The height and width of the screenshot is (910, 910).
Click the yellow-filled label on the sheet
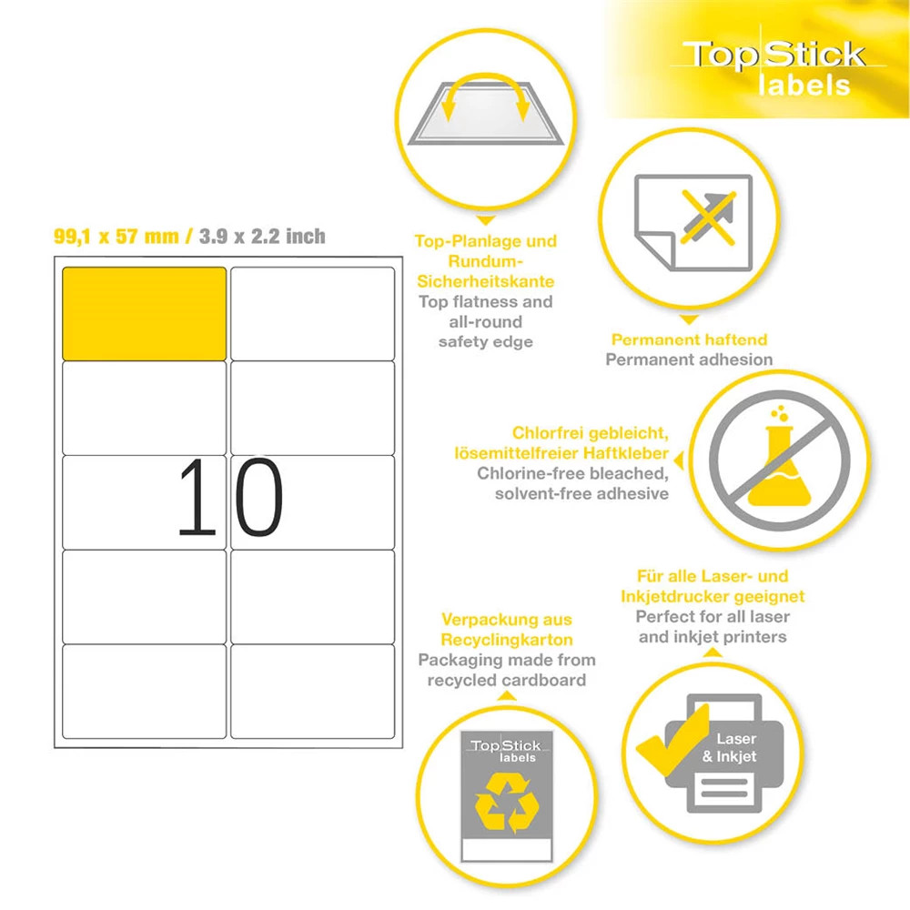(144, 313)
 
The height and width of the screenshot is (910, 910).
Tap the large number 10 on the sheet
(230, 497)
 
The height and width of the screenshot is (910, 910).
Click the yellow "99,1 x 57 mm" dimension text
(116, 237)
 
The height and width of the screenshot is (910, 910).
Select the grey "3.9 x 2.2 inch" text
(262, 237)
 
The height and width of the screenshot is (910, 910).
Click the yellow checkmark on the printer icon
(673, 741)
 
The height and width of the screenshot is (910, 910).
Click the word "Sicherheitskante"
(486, 281)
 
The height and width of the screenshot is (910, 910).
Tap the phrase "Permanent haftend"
(690, 339)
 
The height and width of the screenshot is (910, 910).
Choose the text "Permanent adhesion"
(689, 359)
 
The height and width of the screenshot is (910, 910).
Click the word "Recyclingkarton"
(507, 640)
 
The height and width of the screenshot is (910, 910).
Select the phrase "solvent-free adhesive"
(581, 493)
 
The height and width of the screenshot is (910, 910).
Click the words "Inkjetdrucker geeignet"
(713, 597)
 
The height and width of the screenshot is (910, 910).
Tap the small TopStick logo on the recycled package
(506, 751)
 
